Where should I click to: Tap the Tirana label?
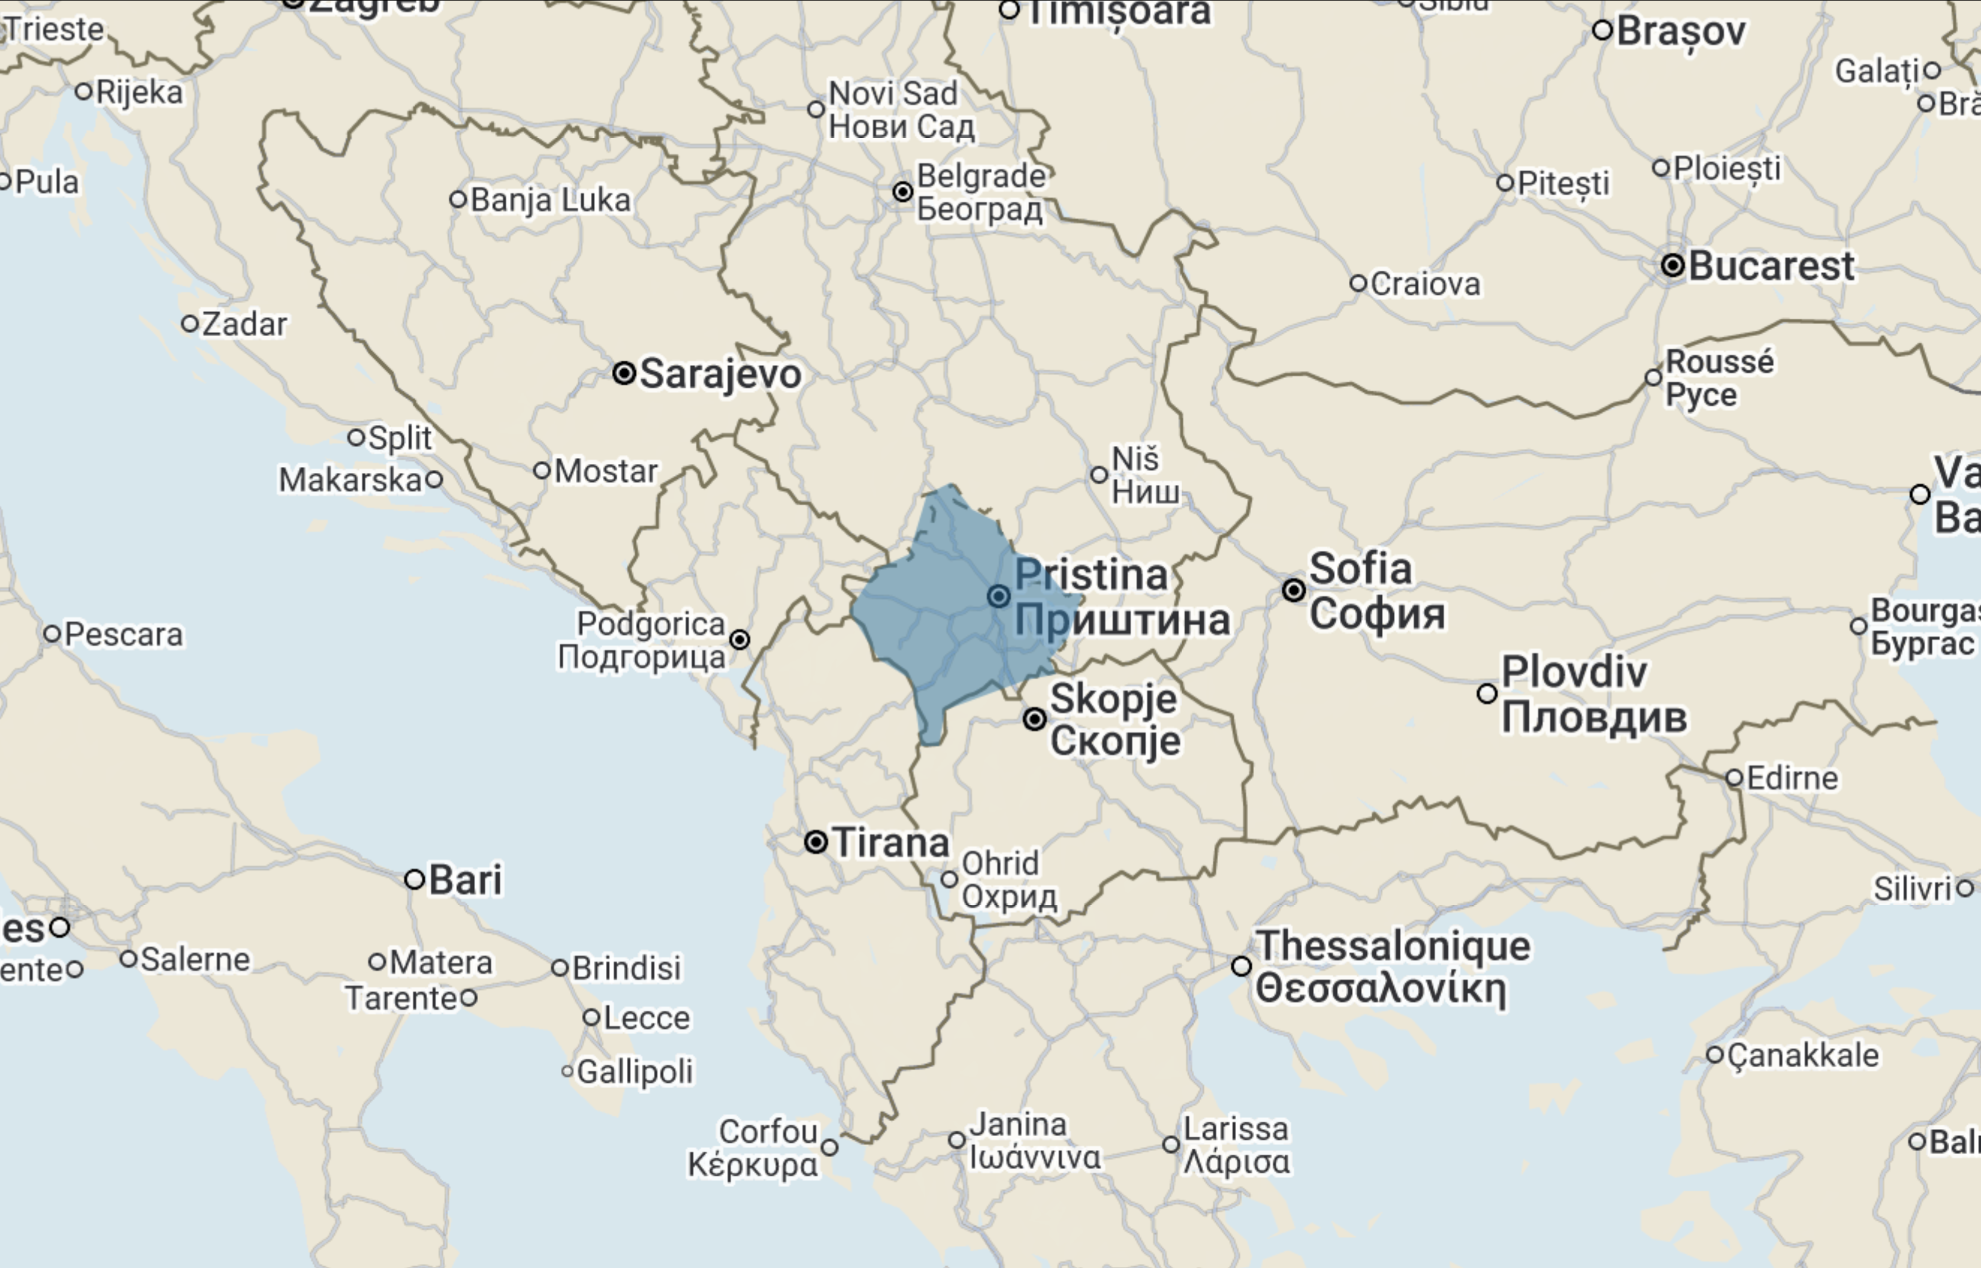[891, 843]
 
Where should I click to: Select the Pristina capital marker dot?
[999, 596]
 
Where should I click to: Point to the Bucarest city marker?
[1672, 265]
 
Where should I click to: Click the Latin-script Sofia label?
[1360, 569]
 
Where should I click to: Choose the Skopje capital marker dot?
[1035, 719]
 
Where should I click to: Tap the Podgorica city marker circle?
[740, 640]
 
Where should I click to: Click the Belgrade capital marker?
[903, 192]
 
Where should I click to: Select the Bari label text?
[465, 879]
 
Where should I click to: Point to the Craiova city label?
[1426, 284]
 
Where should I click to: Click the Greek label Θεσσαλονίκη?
[1381, 988]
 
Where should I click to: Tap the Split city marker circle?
[356, 437]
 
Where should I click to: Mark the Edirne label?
[1792, 778]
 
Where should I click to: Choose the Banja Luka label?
[550, 200]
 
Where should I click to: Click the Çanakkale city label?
[1803, 1056]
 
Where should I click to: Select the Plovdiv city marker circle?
[1487, 693]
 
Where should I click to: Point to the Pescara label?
[123, 635]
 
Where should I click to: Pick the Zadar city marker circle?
[189, 324]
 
